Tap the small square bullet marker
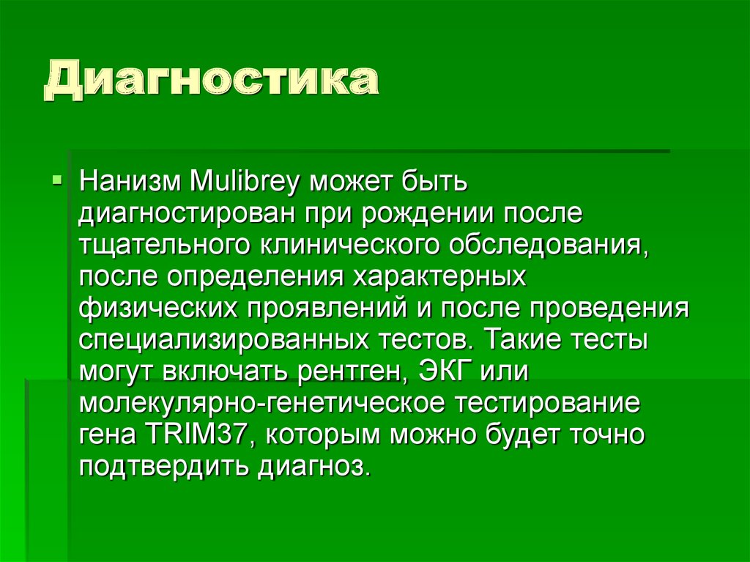pyautogui.click(x=58, y=179)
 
